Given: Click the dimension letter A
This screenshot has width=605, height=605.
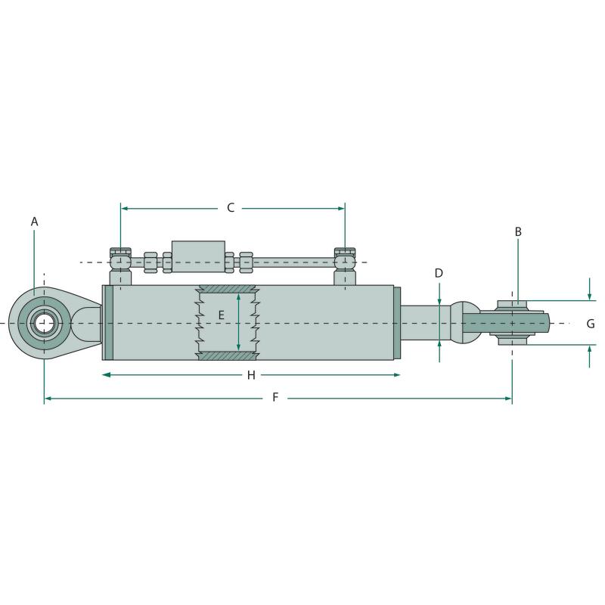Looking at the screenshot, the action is (34, 222).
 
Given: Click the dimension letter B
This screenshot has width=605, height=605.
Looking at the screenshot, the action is (518, 231).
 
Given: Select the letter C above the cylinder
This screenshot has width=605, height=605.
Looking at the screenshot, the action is (231, 207).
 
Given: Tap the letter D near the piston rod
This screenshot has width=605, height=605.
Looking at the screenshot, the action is (439, 273).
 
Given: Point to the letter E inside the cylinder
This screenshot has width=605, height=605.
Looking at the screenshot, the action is (221, 315).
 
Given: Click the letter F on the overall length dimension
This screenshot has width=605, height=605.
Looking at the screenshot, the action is (275, 397).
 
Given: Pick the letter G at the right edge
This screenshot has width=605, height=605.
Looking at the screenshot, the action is (591, 324).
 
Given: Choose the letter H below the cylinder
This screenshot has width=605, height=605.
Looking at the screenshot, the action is (251, 375).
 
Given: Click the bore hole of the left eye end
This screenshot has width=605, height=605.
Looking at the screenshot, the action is (45, 323).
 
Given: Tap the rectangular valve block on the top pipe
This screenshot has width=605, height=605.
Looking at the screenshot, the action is (198, 256).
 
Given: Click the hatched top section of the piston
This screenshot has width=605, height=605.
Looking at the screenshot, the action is (227, 289).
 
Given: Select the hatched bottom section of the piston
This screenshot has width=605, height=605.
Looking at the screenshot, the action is (227, 355).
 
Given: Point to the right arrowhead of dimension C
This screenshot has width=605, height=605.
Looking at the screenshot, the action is (341, 209).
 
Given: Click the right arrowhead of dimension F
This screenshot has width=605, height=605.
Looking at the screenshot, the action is (507, 398).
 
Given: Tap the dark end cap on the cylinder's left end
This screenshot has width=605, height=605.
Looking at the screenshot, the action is (109, 323).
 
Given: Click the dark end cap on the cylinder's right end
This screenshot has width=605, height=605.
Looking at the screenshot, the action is (397, 323).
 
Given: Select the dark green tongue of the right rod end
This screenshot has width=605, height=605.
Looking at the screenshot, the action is (506, 323).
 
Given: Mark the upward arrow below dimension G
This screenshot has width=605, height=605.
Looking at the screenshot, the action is (589, 356).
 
